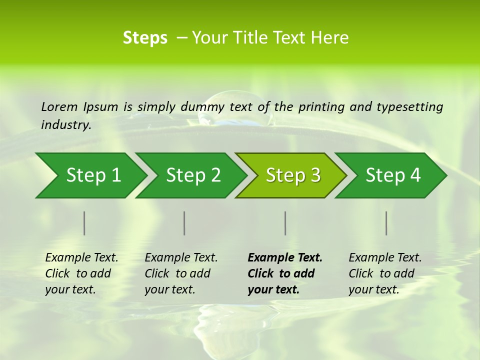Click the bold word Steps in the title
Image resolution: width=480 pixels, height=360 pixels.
[145, 38]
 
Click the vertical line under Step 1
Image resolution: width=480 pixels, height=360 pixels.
[84, 223]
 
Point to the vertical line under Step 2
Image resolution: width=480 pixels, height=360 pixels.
[184, 223]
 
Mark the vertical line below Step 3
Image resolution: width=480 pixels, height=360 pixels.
[285, 223]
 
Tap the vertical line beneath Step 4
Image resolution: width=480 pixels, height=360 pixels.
[386, 223]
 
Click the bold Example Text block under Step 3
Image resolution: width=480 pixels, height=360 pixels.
[285, 273]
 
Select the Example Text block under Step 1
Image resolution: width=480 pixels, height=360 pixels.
[81, 273]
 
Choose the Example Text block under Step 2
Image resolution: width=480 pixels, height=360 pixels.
[181, 273]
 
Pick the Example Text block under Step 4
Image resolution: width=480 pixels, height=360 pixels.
[385, 273]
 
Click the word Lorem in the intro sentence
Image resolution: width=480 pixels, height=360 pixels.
[59, 106]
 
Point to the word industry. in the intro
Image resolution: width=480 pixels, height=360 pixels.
[66, 125]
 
